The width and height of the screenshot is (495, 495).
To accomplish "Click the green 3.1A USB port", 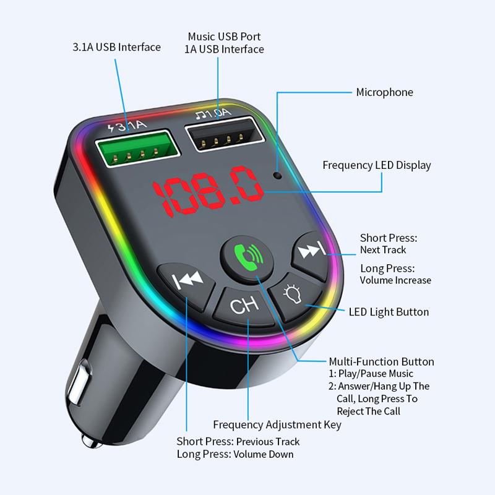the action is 137,148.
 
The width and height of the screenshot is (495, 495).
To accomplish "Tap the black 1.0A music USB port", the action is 225,134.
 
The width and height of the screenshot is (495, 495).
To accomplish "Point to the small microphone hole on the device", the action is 278,175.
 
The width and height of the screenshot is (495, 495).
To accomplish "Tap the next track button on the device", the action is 312,256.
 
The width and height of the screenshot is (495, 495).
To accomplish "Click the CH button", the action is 244,306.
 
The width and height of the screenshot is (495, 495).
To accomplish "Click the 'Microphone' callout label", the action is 384,92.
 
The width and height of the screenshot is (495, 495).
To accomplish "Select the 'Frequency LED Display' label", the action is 377,165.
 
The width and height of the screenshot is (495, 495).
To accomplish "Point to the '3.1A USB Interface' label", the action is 116,47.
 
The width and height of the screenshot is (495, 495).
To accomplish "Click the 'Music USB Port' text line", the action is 224,37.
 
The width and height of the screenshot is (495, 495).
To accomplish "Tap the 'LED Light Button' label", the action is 389,312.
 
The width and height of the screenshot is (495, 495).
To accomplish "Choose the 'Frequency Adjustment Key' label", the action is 277,424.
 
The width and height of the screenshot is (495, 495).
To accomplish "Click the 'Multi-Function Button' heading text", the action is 381,361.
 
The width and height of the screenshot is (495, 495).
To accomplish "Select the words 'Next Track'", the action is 383,250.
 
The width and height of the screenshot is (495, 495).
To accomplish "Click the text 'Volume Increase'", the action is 395,280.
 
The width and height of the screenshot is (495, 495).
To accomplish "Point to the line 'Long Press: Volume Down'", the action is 235,454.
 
